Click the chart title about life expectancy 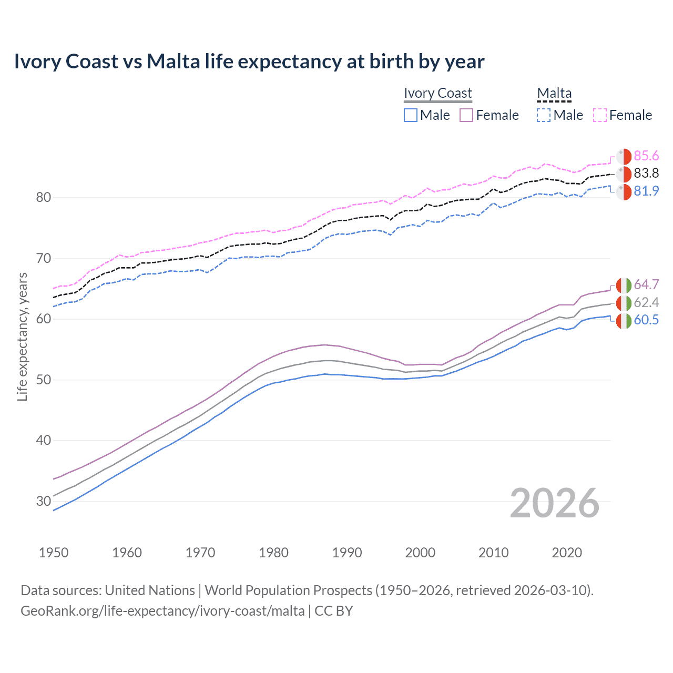[249, 62]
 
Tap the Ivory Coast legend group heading [437, 93]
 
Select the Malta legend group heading [554, 93]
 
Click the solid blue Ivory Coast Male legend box [411, 115]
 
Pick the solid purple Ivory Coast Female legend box [466, 115]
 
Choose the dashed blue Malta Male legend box [544, 115]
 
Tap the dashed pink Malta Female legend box [600, 115]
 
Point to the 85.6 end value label [646, 156]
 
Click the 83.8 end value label [646, 174]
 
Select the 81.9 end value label [646, 191]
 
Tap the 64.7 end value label [646, 285]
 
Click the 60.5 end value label [646, 320]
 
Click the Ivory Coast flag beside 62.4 [624, 303]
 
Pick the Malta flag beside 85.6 [624, 157]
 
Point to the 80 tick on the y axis [44, 198]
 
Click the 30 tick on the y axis [44, 501]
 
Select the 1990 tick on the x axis [347, 553]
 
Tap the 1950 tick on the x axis [54, 553]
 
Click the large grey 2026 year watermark [554, 503]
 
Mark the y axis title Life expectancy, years [23, 336]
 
